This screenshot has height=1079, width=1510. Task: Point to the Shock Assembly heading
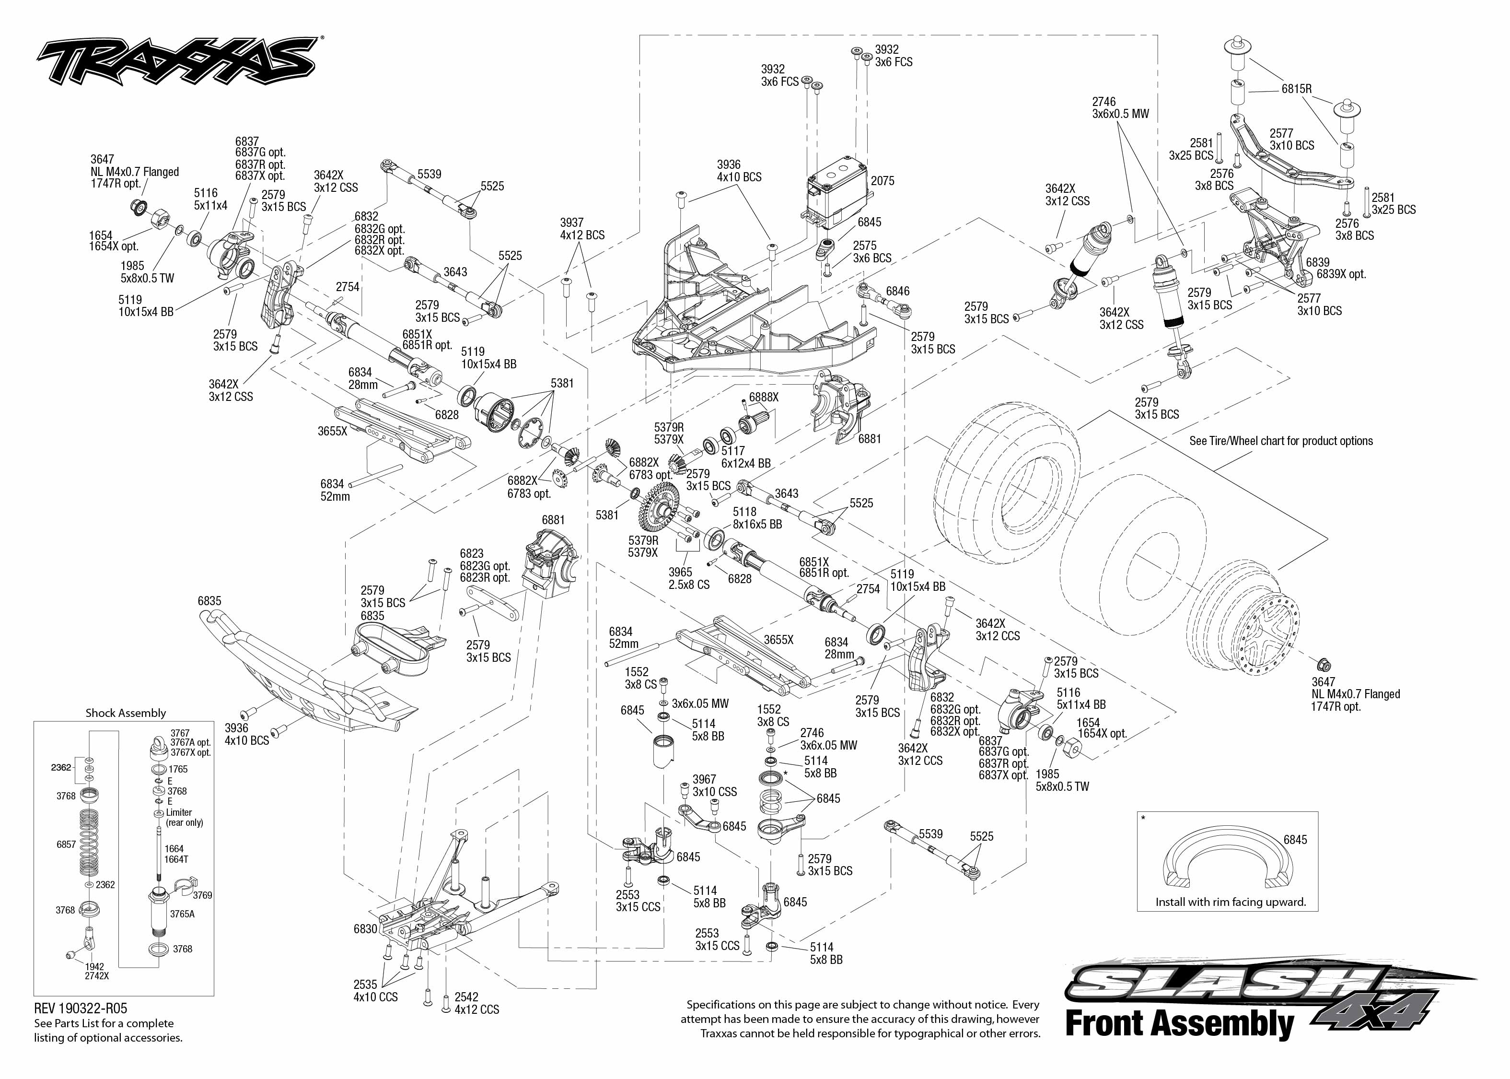126,713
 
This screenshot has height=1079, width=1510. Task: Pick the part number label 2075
883,181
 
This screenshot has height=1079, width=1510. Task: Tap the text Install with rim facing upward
1231,902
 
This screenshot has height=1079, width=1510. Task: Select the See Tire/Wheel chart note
1281,441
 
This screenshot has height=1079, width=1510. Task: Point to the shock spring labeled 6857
92,844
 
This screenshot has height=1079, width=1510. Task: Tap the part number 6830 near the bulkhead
365,929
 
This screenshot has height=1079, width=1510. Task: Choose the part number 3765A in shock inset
182,914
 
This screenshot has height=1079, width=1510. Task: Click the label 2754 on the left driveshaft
347,287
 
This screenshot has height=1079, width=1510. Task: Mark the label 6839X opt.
1341,274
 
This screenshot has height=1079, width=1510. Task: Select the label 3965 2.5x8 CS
688,578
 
